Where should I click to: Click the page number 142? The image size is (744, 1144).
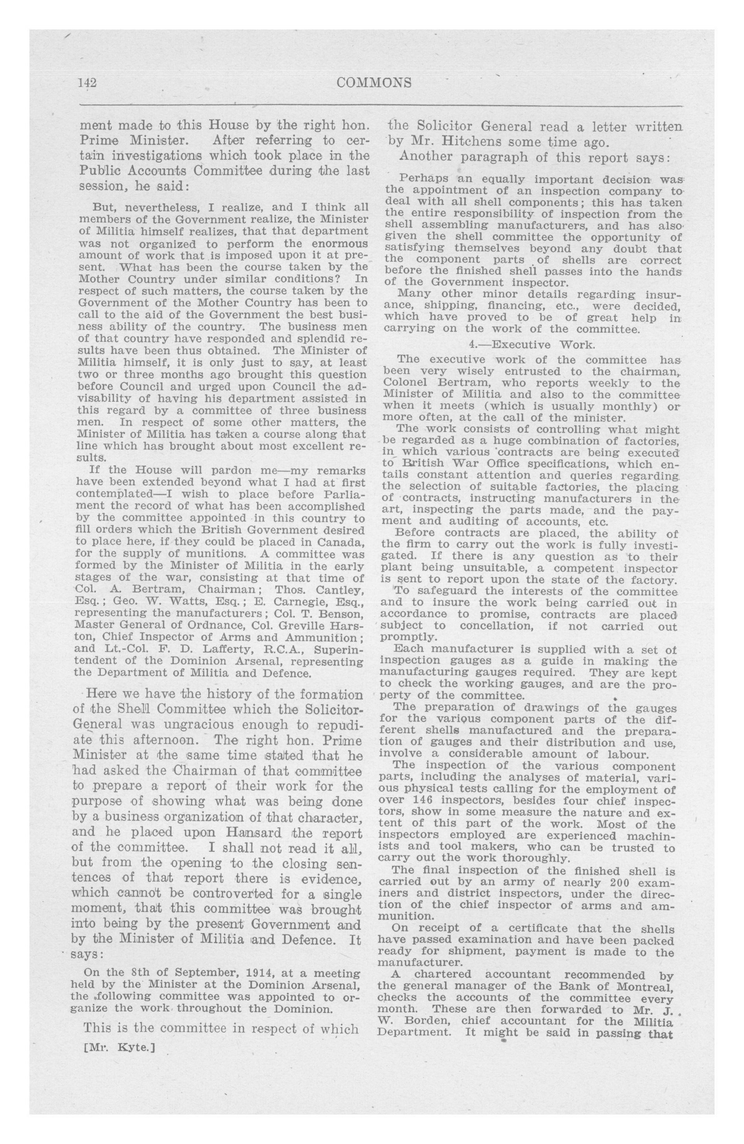[87, 83]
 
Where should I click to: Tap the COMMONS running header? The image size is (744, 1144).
[374, 83]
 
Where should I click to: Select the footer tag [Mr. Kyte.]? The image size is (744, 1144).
[119, 1047]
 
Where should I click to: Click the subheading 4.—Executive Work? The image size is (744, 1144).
[532, 345]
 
